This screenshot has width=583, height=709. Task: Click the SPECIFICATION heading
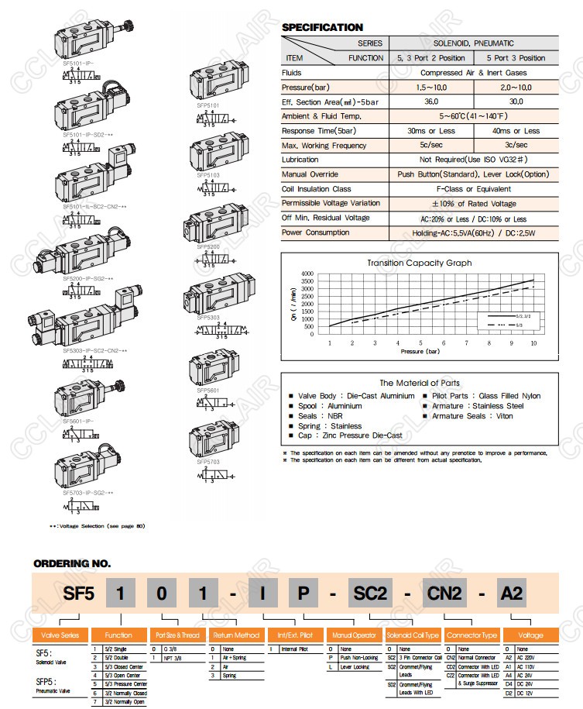(322, 28)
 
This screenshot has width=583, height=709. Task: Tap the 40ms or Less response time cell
(516, 131)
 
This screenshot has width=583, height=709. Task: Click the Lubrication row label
(300, 160)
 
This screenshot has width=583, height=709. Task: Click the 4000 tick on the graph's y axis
(307, 274)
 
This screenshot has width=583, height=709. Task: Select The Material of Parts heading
(419, 383)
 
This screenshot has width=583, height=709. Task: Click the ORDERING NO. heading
(72, 563)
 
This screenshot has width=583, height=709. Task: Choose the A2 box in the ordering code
(511, 594)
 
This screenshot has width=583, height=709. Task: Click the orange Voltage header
(530, 635)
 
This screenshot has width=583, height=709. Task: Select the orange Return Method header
(235, 635)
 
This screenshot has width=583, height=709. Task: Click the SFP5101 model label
(208, 104)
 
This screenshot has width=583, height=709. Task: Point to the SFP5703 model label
(208, 460)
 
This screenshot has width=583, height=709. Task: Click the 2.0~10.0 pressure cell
(516, 87)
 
